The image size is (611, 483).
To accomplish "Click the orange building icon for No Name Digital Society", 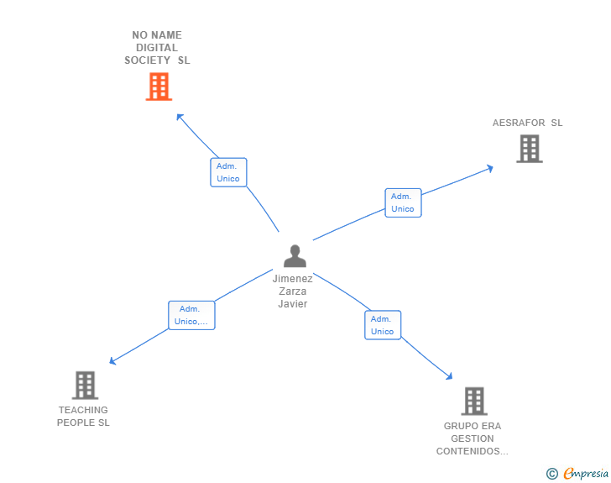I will (x=159, y=87).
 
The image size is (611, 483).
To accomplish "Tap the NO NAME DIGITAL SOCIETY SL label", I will (x=157, y=48).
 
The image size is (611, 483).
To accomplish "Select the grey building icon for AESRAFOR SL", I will (x=529, y=149).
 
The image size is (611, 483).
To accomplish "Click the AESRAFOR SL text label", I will (x=527, y=123).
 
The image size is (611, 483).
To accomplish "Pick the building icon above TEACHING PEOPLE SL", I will (x=85, y=386).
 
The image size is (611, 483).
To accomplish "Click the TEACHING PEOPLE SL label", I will (x=83, y=417).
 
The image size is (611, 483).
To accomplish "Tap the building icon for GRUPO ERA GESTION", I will (x=474, y=402).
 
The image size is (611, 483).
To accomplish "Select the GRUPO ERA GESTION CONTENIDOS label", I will (x=472, y=438).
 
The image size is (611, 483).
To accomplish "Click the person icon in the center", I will (x=294, y=255).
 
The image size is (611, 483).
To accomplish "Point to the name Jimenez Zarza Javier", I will (x=293, y=291).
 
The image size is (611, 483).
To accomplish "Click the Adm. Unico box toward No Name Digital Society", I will (x=228, y=172).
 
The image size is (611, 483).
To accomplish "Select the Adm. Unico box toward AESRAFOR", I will (x=403, y=202).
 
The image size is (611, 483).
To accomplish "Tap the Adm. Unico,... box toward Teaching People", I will (x=191, y=315).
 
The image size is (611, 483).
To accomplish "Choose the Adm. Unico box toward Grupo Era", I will (x=382, y=325).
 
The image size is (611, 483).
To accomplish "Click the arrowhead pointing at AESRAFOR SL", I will (x=489, y=168).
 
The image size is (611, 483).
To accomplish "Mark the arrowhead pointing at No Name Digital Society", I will (x=180, y=117).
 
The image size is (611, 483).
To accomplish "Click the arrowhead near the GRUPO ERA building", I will (x=449, y=376).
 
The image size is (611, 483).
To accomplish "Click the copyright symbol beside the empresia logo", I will (x=551, y=474).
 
